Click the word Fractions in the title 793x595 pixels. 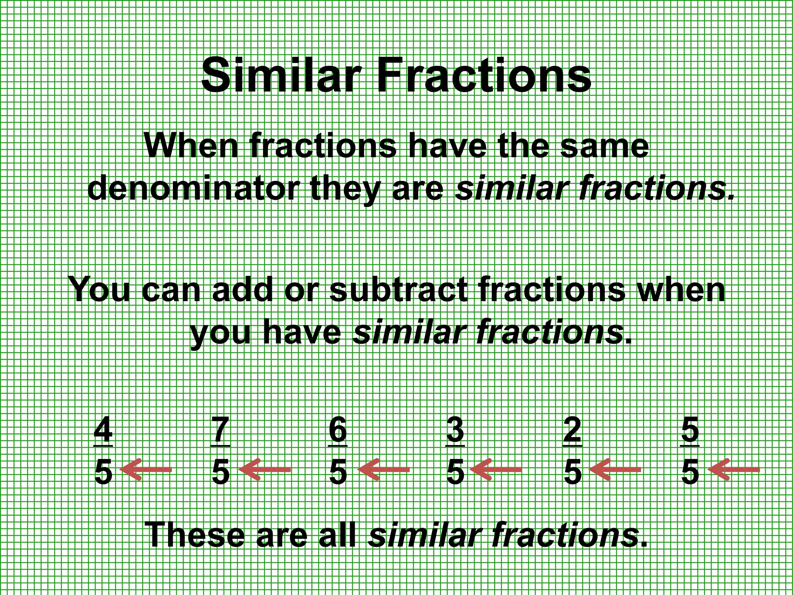click(x=484, y=74)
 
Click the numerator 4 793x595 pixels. click(x=103, y=430)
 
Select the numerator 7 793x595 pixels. click(x=221, y=430)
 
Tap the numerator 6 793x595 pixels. click(x=338, y=430)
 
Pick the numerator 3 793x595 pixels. click(x=455, y=430)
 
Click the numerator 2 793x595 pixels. click(x=572, y=430)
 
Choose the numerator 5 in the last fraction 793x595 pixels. click(x=690, y=430)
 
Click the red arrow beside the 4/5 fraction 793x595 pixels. click(x=146, y=469)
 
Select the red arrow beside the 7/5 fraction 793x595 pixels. click(x=264, y=469)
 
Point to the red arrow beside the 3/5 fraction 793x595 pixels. click(x=496, y=469)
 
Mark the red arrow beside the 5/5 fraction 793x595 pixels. click(x=733, y=469)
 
